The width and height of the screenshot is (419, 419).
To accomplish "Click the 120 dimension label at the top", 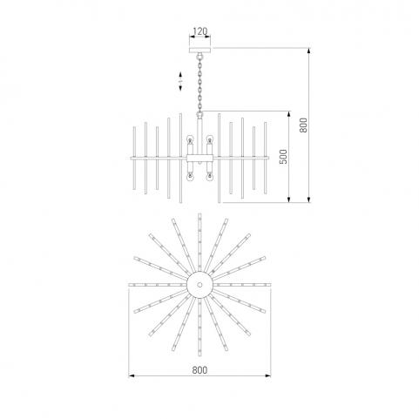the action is [x=200, y=31].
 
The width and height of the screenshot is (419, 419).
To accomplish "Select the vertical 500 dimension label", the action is [x=283, y=157].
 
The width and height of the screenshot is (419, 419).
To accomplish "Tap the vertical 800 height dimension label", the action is [x=303, y=125].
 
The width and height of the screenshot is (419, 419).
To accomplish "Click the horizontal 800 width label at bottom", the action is [x=199, y=370].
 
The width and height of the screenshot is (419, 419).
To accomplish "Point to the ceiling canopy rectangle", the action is [x=199, y=50].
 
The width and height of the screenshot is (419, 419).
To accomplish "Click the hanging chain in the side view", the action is [x=199, y=83].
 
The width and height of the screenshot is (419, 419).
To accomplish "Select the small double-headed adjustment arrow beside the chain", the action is [x=180, y=81].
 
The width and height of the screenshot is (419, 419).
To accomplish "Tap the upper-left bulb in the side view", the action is [x=190, y=139].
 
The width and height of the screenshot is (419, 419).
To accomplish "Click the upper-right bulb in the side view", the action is [x=209, y=139].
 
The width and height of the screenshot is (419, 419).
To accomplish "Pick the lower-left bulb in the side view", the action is [x=190, y=177].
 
